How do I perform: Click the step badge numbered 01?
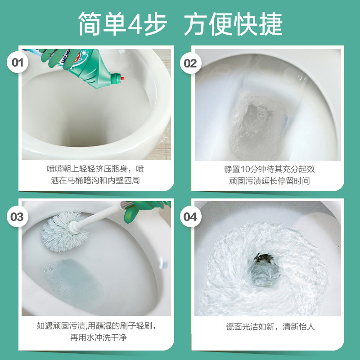click(17, 63)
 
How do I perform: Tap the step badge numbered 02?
click(190, 63)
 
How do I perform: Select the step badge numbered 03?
click(17, 217)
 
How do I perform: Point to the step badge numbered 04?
click(190, 217)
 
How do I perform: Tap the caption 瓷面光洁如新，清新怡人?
click(270, 327)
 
